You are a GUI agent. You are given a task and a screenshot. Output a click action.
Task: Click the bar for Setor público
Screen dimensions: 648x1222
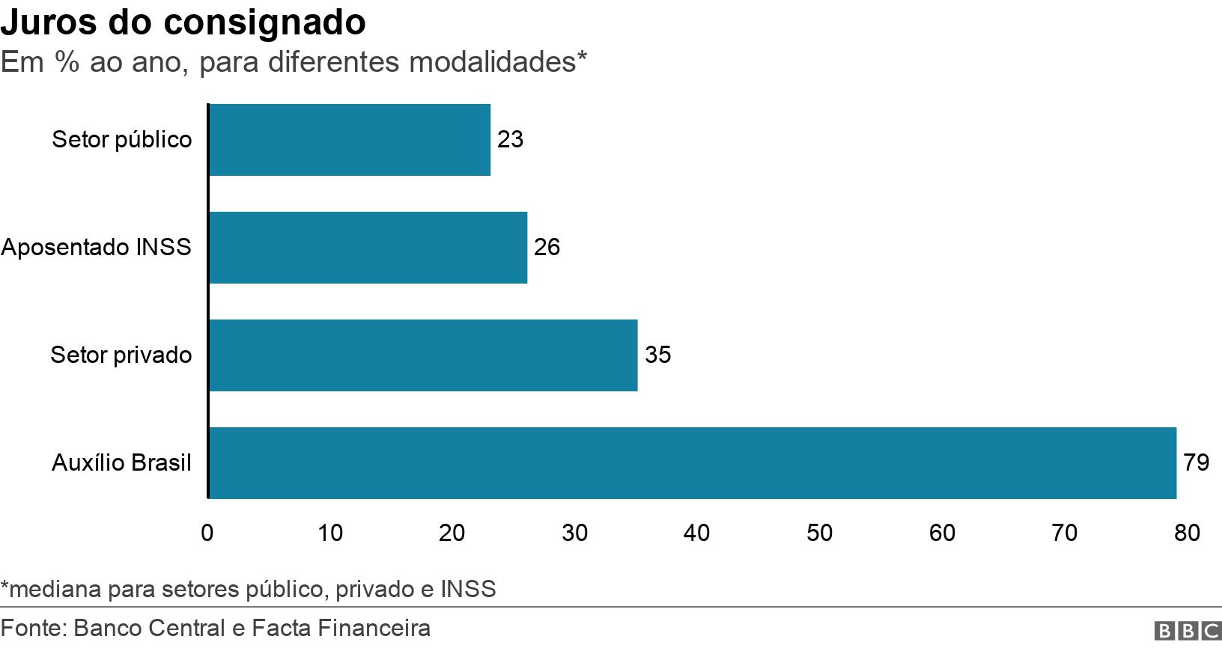(x=350, y=140)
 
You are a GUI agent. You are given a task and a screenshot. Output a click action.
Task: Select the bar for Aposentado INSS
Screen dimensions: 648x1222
(x=368, y=248)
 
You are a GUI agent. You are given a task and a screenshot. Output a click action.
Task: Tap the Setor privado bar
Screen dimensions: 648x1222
(x=423, y=355)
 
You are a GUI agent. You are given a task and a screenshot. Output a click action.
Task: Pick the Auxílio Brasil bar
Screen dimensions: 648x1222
(x=692, y=463)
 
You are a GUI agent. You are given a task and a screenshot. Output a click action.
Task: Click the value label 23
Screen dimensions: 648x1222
(x=510, y=140)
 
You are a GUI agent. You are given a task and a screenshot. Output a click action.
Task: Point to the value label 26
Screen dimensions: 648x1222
(x=547, y=248)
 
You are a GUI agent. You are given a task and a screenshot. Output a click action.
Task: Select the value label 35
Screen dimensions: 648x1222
(x=657, y=355)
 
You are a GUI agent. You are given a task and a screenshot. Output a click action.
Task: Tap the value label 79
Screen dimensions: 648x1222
(x=1196, y=463)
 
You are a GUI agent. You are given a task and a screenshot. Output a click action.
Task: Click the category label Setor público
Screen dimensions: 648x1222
(x=121, y=140)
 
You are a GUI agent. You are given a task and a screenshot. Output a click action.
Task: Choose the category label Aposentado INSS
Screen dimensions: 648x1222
(x=97, y=248)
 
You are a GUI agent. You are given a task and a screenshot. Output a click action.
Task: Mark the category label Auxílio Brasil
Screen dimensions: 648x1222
(x=121, y=463)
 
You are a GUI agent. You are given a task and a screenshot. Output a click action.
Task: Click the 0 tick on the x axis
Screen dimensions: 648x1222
(x=207, y=533)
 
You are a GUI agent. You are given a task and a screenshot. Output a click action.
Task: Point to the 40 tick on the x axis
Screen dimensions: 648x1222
(x=697, y=533)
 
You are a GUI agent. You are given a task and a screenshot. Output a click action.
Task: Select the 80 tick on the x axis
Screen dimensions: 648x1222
(x=1187, y=533)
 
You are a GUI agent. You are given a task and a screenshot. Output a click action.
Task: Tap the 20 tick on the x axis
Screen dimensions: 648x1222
(x=452, y=533)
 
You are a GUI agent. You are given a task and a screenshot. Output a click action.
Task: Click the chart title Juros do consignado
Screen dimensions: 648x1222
(x=183, y=23)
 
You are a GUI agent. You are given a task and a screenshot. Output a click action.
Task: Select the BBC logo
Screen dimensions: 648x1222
(x=1188, y=631)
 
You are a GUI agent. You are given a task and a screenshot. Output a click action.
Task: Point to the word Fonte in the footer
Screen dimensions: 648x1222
(x=31, y=628)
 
